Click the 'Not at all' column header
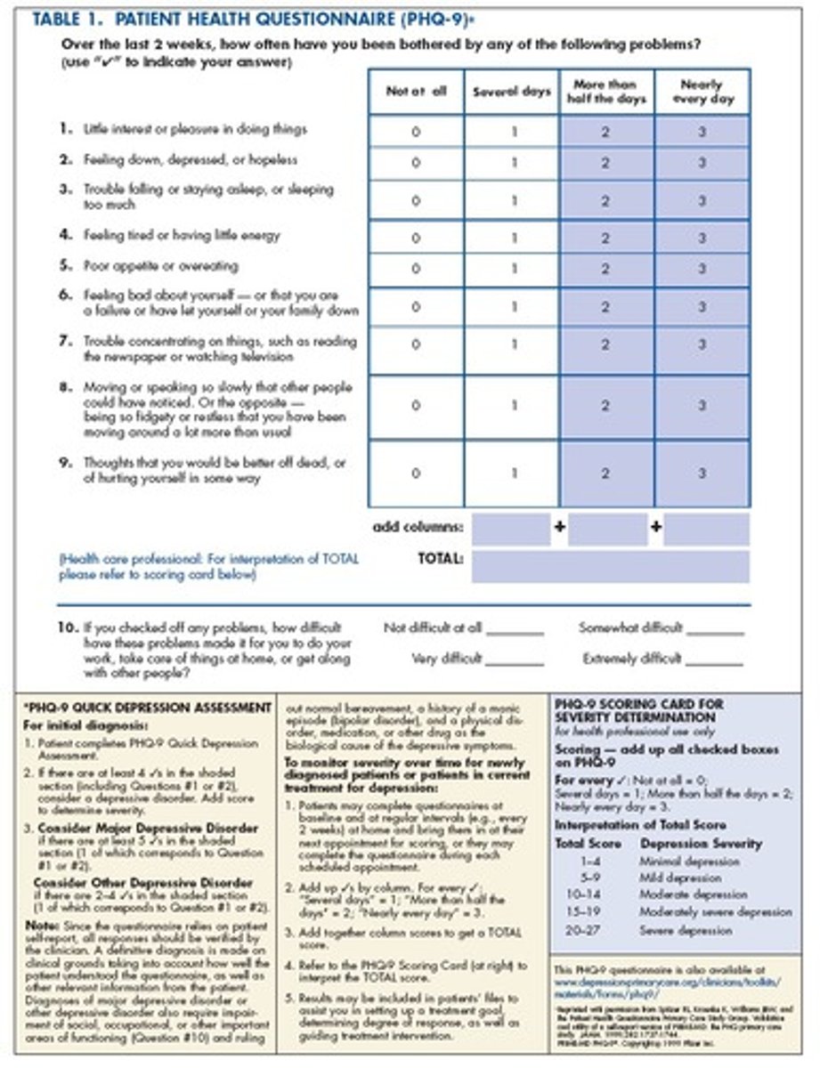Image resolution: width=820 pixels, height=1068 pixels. (416, 91)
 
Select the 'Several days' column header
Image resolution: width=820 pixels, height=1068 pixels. (512, 92)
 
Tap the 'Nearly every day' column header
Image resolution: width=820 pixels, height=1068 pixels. (702, 92)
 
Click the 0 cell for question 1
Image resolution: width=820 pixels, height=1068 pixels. (416, 131)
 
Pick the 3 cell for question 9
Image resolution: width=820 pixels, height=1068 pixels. (702, 473)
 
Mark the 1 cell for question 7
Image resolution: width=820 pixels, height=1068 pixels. (513, 344)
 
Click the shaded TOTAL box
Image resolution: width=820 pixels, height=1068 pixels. (610, 566)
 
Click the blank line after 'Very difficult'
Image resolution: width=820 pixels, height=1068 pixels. (515, 661)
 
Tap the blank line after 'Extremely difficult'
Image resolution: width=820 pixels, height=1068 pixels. (714, 661)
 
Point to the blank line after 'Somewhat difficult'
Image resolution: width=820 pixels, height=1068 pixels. (716, 630)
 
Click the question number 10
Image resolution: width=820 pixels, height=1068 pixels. (67, 627)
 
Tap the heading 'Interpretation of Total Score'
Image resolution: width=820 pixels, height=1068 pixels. (640, 825)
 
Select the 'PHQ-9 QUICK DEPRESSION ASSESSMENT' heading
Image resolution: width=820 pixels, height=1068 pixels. (146, 708)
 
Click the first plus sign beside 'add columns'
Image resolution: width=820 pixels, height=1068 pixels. (559, 527)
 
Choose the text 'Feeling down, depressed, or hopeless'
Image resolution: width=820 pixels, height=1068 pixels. (191, 160)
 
